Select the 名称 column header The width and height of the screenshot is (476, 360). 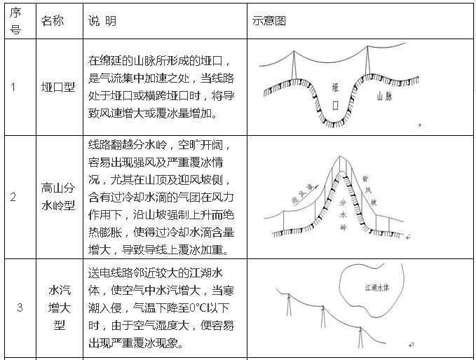tap(53, 21)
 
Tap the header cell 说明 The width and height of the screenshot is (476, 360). tap(102, 21)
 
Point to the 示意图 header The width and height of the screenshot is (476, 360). tap(269, 21)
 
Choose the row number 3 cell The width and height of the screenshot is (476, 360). tap(20, 307)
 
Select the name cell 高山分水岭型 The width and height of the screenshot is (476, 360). tap(58, 196)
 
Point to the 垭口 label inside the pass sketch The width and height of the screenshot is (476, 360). tap(336, 97)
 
